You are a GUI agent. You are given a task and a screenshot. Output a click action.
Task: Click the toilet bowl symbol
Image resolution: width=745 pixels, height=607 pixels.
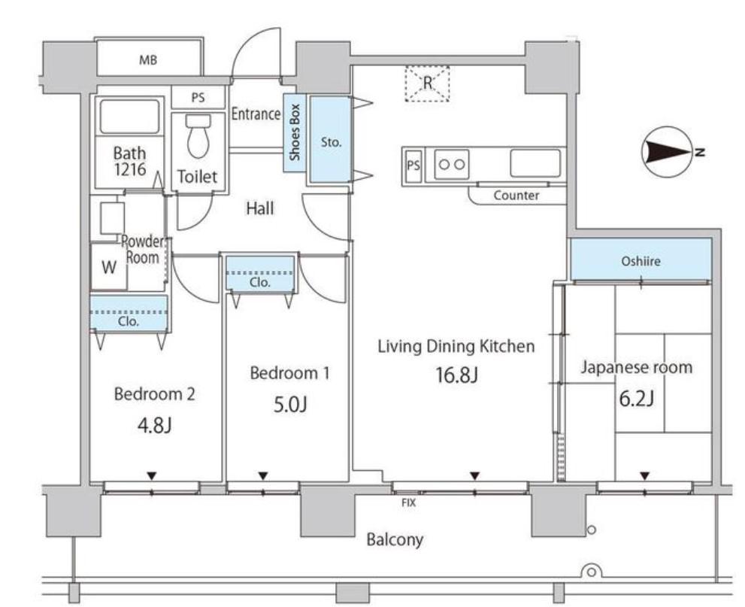point(198,135)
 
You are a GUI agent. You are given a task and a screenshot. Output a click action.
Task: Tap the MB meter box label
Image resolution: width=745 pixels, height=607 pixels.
point(148,60)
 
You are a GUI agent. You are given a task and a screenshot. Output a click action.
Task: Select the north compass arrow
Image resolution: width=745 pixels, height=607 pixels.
point(667,153)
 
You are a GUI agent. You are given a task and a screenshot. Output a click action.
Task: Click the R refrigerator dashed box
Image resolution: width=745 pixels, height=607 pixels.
point(427,83)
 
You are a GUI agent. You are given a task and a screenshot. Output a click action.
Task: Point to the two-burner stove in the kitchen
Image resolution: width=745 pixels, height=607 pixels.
point(452,165)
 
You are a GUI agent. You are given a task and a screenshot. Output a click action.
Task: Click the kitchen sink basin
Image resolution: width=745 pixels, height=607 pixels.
point(535,163)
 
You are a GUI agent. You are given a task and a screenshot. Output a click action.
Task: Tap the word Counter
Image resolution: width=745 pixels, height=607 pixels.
point(516,196)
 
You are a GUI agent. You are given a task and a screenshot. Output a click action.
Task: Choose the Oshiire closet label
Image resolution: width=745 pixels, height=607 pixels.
point(641,261)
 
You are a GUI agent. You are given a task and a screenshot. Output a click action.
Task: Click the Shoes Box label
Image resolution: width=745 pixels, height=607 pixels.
point(295,132)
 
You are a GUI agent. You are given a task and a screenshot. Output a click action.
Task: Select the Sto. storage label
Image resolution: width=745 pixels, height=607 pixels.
point(331,142)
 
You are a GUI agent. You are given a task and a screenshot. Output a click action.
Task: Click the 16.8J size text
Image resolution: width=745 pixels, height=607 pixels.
point(456,375)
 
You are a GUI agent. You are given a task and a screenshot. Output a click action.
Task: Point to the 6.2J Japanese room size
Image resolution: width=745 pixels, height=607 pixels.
point(636,399)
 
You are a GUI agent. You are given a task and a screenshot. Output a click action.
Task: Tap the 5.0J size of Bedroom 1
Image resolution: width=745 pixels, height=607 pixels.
point(290,405)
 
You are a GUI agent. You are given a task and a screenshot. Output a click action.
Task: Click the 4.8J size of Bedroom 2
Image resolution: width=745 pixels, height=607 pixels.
point(154,426)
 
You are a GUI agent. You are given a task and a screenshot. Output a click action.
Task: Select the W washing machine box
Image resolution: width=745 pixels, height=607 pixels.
point(109,267)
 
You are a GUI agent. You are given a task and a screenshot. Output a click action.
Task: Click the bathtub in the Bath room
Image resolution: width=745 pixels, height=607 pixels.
point(129,117)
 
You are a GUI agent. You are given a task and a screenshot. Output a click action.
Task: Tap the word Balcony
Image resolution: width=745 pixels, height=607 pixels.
point(395,540)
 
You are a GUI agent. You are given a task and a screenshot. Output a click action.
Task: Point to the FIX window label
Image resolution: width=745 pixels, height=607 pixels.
point(409,502)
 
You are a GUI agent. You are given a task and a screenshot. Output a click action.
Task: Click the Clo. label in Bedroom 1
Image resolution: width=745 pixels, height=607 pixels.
point(260,282)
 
